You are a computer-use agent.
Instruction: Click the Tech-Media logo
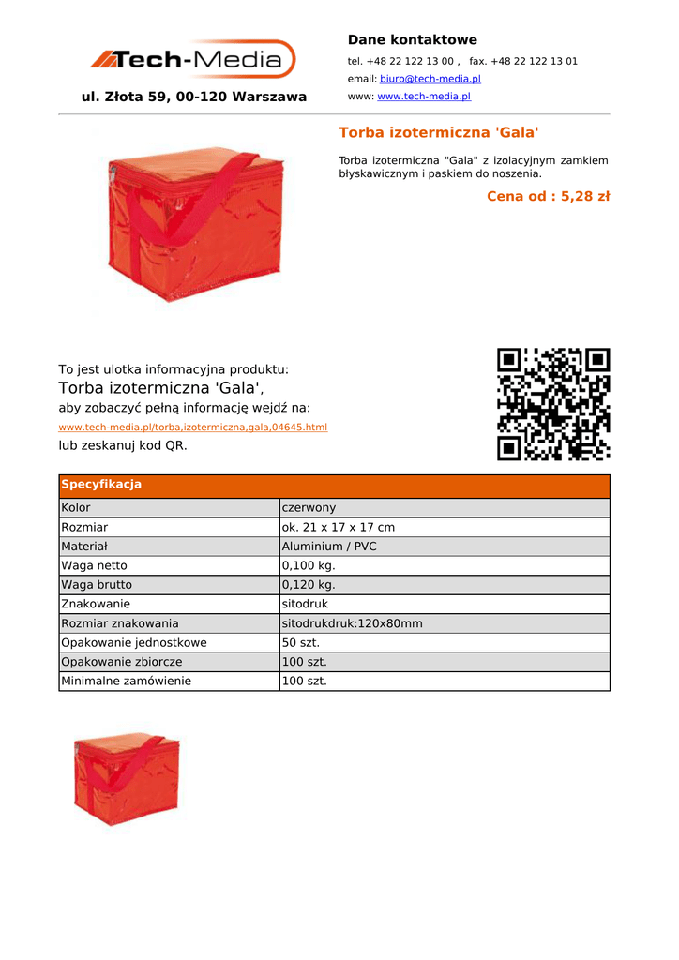[x=193, y=59]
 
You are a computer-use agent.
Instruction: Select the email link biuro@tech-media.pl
[x=430, y=79]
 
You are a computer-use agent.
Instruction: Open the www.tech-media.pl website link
[x=423, y=97]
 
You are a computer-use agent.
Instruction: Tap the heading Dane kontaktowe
[x=412, y=39]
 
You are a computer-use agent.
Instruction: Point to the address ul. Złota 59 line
[x=194, y=97]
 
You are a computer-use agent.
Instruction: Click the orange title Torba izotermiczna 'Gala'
[x=438, y=132]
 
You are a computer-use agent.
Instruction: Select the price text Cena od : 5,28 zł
[x=548, y=196]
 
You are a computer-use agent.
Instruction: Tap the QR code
[x=553, y=404]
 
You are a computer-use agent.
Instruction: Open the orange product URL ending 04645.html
[x=193, y=427]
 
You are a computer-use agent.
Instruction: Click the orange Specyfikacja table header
[x=101, y=485]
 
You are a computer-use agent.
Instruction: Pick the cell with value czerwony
[x=309, y=508]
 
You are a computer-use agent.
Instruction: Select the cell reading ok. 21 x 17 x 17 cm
[x=339, y=527]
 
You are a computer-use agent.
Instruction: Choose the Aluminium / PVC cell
[x=329, y=547]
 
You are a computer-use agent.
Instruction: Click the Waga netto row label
[x=94, y=565]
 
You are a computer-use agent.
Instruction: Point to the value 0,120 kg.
[x=309, y=585]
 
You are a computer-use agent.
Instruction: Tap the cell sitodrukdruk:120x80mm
[x=352, y=623]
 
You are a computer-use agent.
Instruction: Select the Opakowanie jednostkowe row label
[x=134, y=643]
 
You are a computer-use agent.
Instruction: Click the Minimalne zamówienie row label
[x=126, y=682]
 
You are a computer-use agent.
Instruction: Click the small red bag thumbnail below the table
[x=127, y=779]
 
